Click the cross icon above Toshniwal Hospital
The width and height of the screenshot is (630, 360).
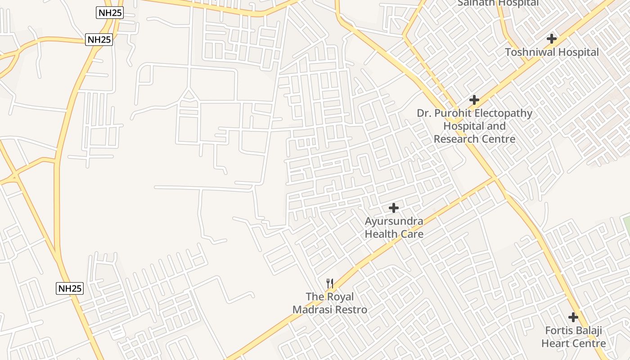pyautogui.click(x=552, y=39)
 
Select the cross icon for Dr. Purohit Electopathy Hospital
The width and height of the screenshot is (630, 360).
pyautogui.click(x=474, y=100)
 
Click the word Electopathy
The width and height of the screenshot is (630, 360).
pyautogui.click(x=501, y=113)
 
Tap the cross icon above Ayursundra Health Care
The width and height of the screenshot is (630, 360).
pyautogui.click(x=394, y=208)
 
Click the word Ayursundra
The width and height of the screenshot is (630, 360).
pyautogui.click(x=394, y=221)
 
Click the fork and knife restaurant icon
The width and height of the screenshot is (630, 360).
pyautogui.click(x=330, y=283)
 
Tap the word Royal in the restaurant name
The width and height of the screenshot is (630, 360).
pyautogui.click(x=340, y=297)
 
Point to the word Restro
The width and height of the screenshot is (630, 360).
pyautogui.click(x=351, y=310)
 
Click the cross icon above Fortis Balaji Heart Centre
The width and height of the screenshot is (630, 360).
pyautogui.click(x=573, y=317)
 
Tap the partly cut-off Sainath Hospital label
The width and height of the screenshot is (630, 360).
pyautogui.click(x=498, y=3)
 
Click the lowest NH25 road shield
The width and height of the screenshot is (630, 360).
pyautogui.click(x=70, y=288)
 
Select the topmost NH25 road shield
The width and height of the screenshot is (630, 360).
pyautogui.click(x=110, y=13)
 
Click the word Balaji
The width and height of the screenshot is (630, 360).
pyautogui.click(x=589, y=331)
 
